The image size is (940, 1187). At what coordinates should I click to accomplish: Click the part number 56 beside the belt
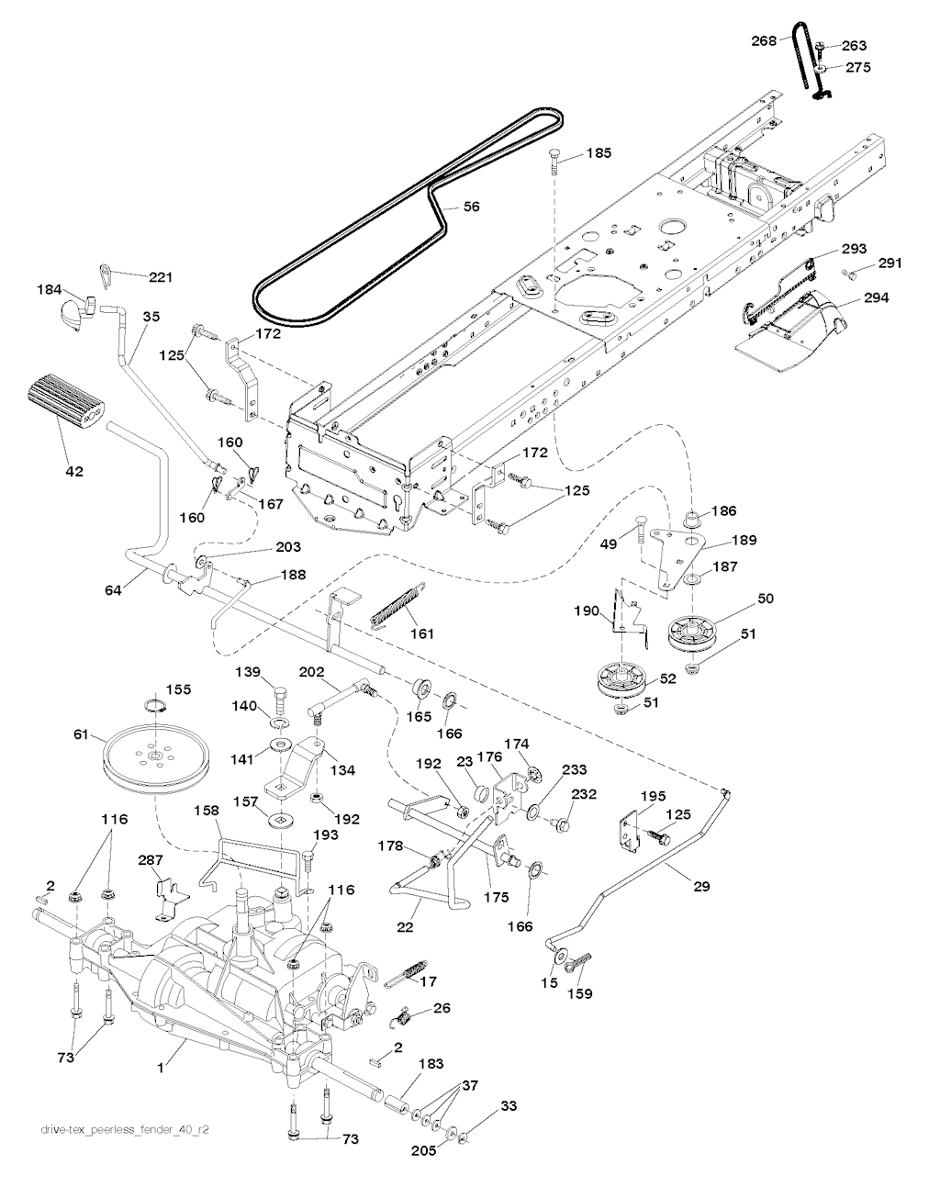coord(471,207)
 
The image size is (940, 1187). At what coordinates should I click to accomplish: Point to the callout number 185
coord(598,153)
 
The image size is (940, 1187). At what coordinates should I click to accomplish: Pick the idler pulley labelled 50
coord(697,633)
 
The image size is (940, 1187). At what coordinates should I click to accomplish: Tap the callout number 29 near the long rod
coord(702,887)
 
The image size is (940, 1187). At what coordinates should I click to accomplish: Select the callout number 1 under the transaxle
coord(160,1068)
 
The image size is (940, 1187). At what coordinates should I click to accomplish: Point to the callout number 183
coord(431,1065)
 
